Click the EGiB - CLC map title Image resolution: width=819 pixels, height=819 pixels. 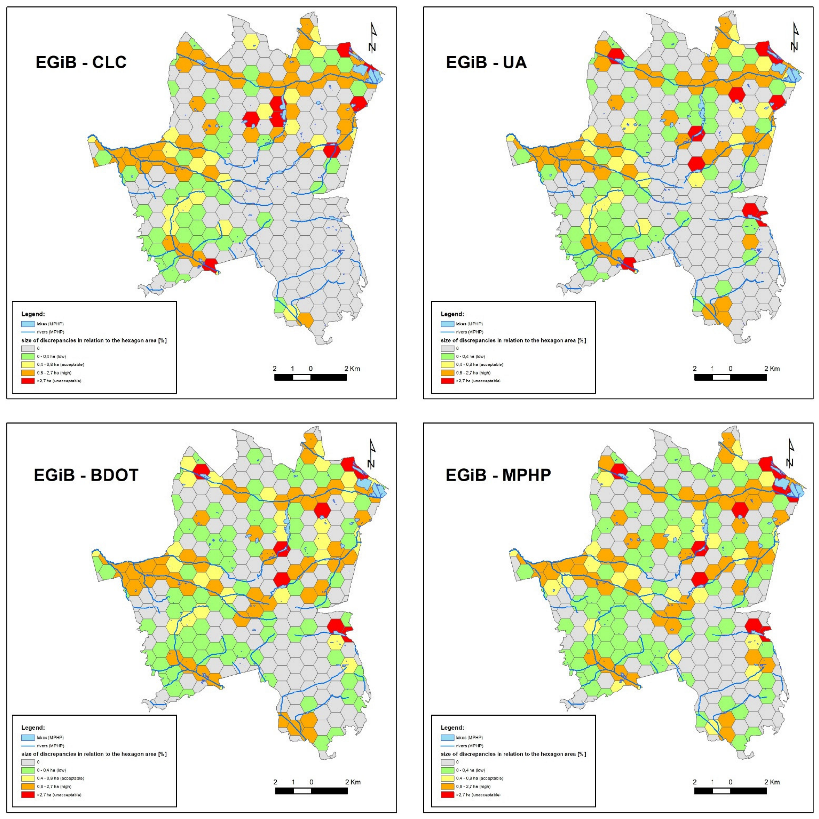pos(81,62)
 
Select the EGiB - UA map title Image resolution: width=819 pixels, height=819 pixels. pos(486,62)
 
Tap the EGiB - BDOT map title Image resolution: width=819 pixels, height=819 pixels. pos(86,475)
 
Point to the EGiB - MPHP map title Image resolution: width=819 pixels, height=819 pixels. pos(498,475)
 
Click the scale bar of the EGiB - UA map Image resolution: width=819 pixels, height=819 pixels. pos(730,377)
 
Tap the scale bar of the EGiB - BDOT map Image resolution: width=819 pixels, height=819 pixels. pos(311,791)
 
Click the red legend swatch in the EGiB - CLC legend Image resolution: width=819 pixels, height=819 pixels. pos(28,381)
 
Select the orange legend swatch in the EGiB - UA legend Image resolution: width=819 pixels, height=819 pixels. pos(447,373)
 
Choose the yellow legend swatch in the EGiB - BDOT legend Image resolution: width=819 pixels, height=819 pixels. pos(28,778)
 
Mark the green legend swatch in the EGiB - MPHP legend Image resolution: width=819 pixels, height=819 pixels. pos(447,770)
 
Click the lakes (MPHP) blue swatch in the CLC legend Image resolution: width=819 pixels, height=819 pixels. pos(28,324)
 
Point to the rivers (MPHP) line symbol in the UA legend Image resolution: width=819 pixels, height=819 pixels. pos(447,332)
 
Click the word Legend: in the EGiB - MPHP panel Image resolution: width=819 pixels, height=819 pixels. pos(452,728)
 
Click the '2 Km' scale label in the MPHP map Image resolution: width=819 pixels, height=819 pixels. pos(772,782)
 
